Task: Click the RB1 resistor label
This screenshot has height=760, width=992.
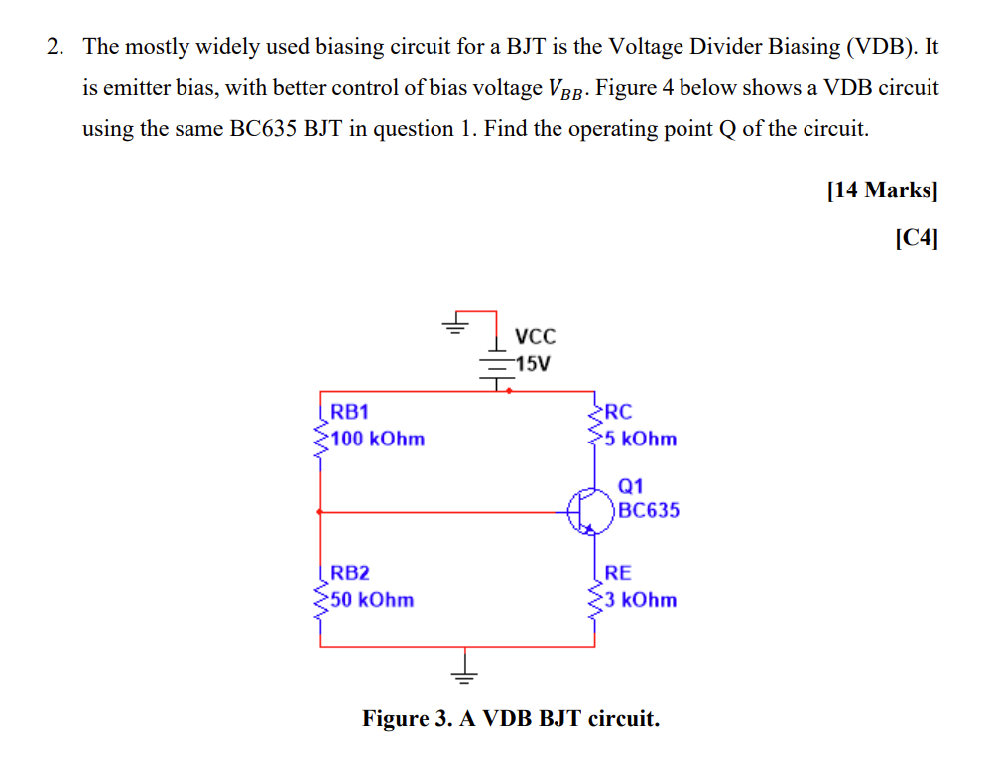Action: pos(349,412)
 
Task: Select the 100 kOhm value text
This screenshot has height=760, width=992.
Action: pos(377,439)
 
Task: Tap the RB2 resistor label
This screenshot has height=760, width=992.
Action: pos(349,572)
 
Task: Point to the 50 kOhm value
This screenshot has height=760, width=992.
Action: pos(372,599)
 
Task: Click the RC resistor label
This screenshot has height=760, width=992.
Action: pos(617,412)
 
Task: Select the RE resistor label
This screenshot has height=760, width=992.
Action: pos(617,572)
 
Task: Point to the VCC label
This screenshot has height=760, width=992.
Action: pos(536,336)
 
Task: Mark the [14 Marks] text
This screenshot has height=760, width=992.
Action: pos(882,190)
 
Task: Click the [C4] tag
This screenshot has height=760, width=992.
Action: pos(915,238)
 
